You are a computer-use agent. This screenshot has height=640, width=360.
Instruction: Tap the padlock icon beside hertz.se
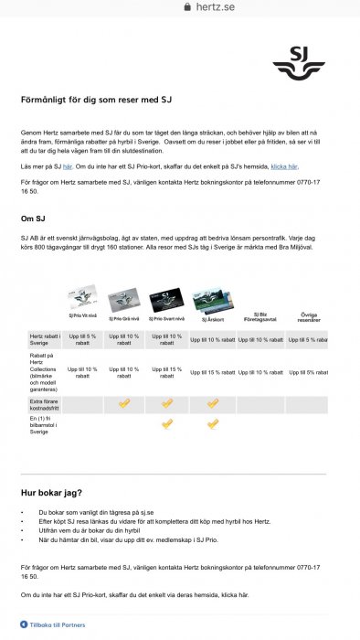tap(188, 6)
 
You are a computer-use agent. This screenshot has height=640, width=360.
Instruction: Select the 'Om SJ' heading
tap(35, 218)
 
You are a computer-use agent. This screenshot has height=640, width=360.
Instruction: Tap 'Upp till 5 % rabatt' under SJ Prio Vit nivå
tap(83, 339)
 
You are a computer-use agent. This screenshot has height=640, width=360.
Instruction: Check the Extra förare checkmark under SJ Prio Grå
tap(124, 402)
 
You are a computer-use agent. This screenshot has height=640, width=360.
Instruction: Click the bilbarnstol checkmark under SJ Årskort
tap(212, 423)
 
